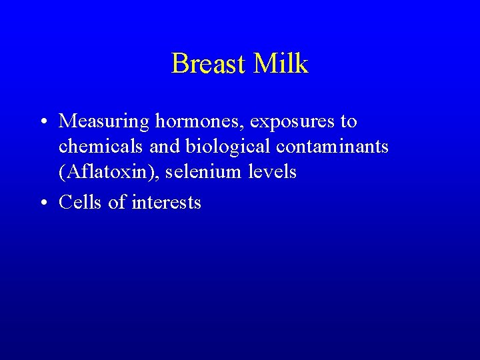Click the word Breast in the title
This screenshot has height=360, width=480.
click(x=208, y=64)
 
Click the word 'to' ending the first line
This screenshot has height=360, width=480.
click(x=349, y=122)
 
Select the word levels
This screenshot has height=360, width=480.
click(x=273, y=172)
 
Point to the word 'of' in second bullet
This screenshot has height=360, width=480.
click(x=117, y=202)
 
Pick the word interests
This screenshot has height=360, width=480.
click(x=167, y=202)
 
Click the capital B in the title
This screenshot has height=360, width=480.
click(x=179, y=64)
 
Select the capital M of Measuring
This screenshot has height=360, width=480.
click(x=67, y=121)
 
